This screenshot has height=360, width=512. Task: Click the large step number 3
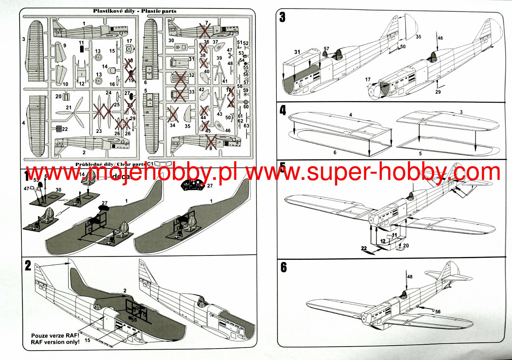pos(282,17)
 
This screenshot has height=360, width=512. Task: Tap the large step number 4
pos(283,110)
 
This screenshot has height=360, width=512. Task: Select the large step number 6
pos(284,267)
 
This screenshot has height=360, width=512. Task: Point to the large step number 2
pos(28,266)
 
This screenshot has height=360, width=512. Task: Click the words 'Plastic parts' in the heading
pos(159,11)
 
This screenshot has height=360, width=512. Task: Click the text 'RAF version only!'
pos(55,342)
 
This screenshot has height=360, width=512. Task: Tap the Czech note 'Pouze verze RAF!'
pos(55,336)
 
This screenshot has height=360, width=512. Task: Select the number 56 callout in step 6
pos(438,312)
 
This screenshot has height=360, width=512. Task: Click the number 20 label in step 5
pos(406,246)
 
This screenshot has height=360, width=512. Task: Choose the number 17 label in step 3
pos(368,79)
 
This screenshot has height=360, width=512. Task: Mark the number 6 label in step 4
pos(335,152)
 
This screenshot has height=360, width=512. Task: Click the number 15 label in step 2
pos(87,340)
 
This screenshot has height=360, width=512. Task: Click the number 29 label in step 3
pos(438,92)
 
